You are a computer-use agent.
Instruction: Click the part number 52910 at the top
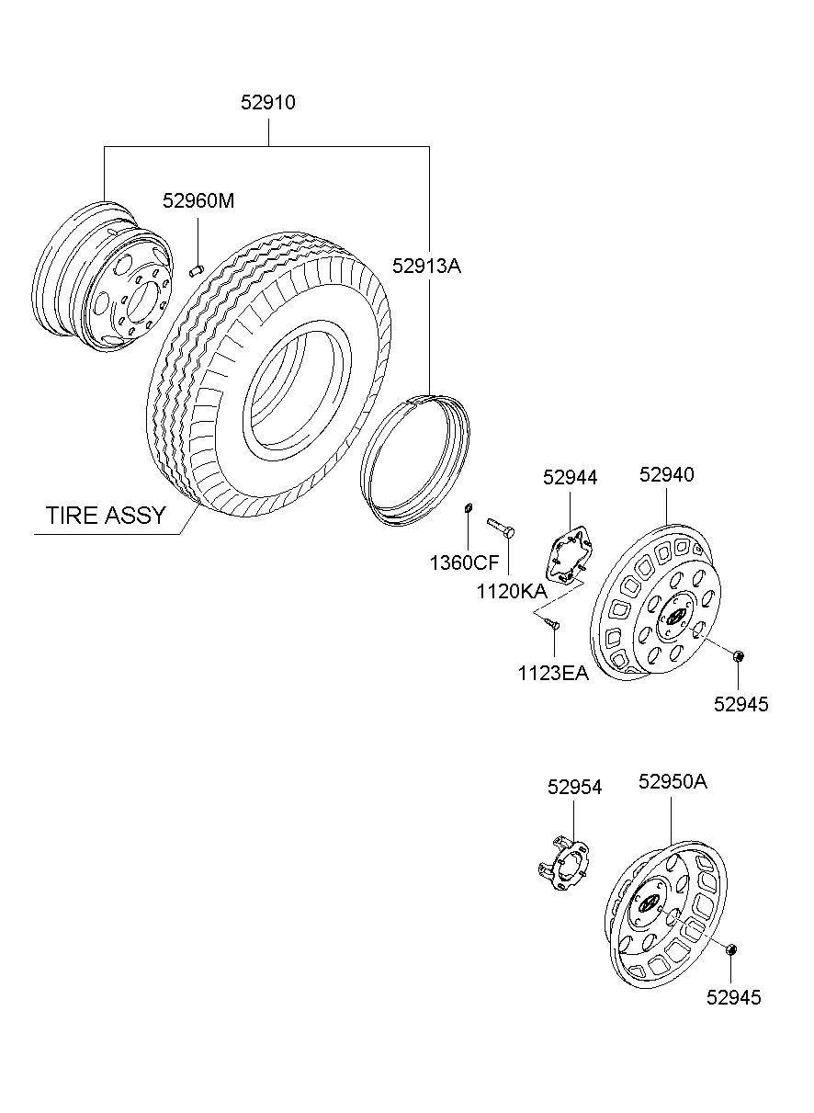268,102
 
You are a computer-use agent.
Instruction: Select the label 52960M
198,200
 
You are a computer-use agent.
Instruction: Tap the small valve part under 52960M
198,271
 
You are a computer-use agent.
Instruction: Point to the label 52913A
426,267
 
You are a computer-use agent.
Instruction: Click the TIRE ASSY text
106,516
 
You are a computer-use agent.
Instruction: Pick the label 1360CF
464,563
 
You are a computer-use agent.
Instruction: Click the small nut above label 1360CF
468,508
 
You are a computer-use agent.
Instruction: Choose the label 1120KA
512,591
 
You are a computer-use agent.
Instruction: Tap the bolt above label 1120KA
501,527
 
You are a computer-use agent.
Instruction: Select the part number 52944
570,477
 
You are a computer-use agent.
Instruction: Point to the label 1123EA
553,674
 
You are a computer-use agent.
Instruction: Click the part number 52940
666,474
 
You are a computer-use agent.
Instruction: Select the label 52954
574,787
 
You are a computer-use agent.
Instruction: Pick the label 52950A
673,782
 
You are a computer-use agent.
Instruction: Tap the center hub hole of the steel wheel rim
142,302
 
